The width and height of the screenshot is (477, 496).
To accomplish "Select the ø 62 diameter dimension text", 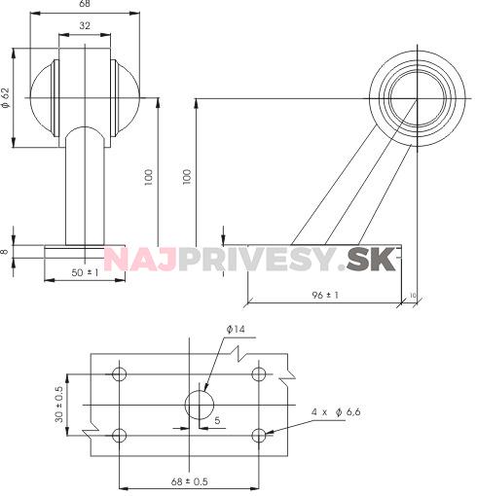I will (8, 99).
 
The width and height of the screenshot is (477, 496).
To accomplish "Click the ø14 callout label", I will (235, 331).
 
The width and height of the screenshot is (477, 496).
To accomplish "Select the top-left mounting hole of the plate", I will (120, 374).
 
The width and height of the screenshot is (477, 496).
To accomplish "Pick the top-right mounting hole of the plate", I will (258, 374).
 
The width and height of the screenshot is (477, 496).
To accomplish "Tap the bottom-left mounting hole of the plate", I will (120, 434).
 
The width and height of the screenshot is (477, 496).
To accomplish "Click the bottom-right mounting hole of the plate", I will (258, 434).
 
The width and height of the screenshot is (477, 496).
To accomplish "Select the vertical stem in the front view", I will (84, 190).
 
